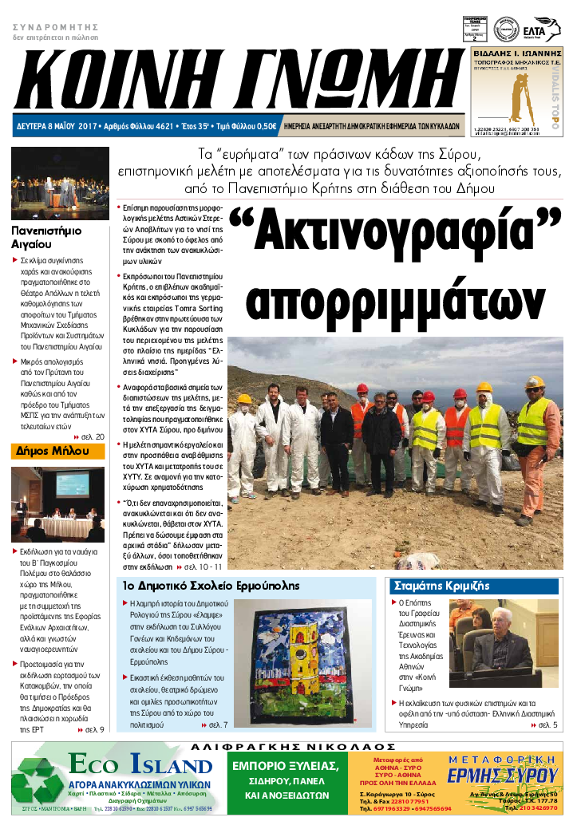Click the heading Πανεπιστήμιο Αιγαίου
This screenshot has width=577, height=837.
pos(46,239)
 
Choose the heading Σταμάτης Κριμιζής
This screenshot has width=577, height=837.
pos(431,585)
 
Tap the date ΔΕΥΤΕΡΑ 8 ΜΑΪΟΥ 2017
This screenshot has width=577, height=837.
pos(55,126)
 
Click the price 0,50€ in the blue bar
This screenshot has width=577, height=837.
pos(264,126)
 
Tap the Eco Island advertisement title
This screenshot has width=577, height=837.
pos(140,767)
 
